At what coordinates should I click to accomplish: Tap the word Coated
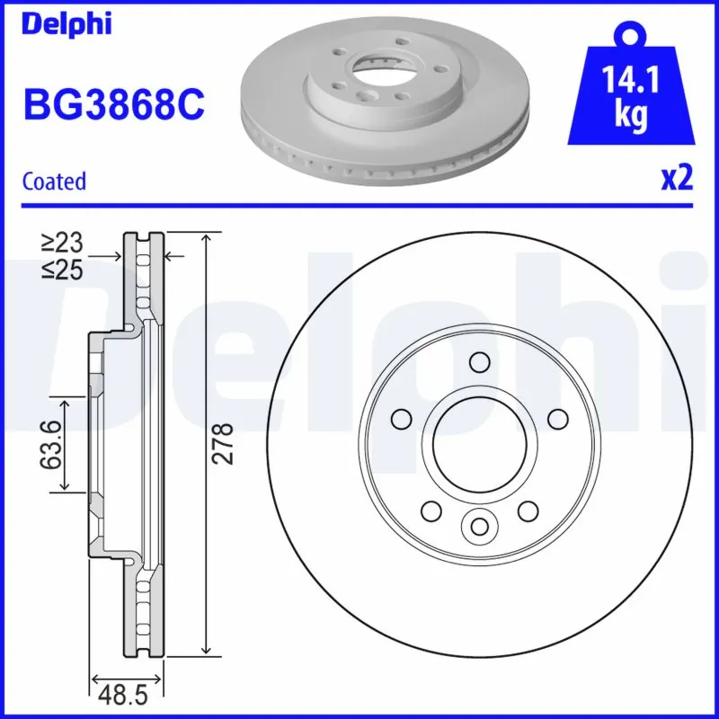pyautogui.click(x=54, y=182)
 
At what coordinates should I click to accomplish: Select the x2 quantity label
pyautogui.click(x=676, y=179)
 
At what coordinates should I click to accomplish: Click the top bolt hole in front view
pyautogui.click(x=478, y=362)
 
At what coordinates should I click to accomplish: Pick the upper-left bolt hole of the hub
pyautogui.click(x=402, y=419)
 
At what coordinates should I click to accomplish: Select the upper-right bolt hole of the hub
pyautogui.click(x=557, y=419)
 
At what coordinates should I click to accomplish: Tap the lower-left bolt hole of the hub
pyautogui.click(x=431, y=510)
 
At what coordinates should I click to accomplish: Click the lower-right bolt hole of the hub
pyautogui.click(x=527, y=510)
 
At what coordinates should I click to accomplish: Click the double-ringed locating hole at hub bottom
pyautogui.click(x=478, y=525)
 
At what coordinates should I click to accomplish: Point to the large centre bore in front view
pyautogui.click(x=478, y=442)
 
